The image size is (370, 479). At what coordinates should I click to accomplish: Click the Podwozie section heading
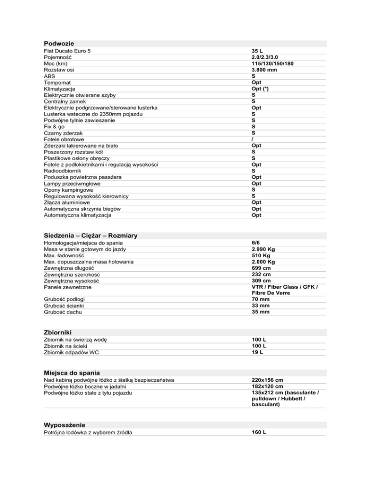(58, 43)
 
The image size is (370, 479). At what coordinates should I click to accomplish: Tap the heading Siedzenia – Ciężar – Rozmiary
(91, 235)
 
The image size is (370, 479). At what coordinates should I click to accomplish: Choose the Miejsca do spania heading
(72, 373)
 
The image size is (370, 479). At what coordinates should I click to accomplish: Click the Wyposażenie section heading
(64, 425)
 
